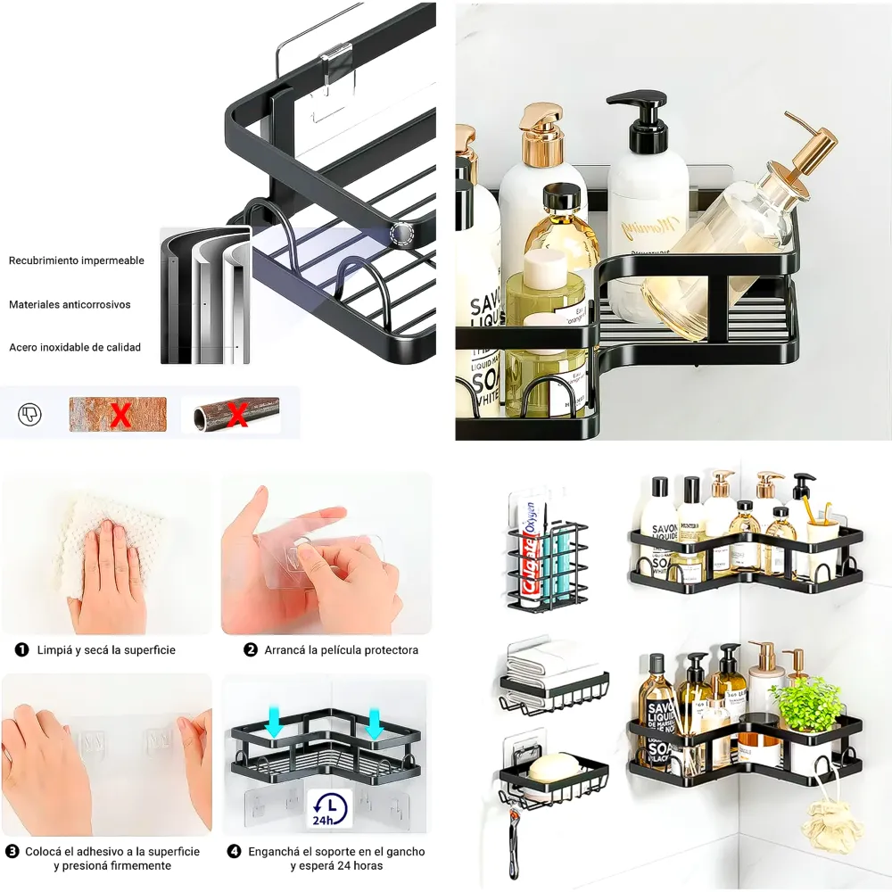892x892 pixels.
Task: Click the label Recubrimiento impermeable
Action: (x=76, y=260)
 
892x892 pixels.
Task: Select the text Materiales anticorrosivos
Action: (x=70, y=304)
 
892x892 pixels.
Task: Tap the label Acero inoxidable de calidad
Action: (x=75, y=347)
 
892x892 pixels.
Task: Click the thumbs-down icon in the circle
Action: (x=29, y=414)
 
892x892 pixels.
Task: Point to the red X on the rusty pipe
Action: (x=237, y=415)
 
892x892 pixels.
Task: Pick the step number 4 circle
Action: (x=234, y=852)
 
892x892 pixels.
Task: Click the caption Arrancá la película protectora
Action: (x=341, y=650)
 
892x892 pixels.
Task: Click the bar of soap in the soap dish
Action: (x=553, y=764)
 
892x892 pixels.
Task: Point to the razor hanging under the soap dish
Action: (x=515, y=838)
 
